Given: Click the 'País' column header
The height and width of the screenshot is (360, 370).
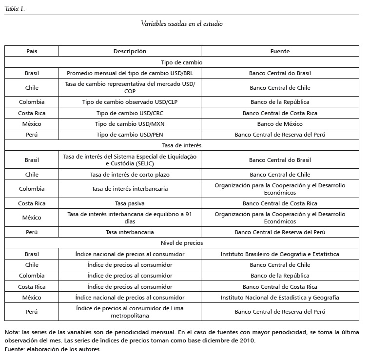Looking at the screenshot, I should coord(32,51).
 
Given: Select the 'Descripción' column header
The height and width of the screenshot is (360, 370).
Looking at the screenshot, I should coord(130,51).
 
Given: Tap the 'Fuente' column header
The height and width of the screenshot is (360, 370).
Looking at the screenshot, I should coord(280,51).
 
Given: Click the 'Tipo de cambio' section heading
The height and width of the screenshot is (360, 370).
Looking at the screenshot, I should coord(182,62).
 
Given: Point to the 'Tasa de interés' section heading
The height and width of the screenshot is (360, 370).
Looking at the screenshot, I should coord(182,145).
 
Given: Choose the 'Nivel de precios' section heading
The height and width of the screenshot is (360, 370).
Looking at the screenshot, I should coord(182,242).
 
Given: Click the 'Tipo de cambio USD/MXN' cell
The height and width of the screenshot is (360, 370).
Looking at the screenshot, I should coord(130,124).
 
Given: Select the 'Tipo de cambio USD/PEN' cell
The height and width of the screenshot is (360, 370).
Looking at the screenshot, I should coord(130,135).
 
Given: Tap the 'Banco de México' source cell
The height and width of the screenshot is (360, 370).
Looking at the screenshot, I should coord(280,124).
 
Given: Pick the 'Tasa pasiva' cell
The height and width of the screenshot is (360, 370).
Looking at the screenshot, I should coord(130,203).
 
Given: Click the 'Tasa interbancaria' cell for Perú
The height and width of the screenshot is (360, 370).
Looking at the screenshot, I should coord(130,232).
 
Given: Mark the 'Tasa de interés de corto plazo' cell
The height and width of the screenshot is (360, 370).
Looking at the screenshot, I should coord(130,175).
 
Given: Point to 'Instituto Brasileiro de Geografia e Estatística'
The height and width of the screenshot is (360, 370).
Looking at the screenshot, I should coord(280,254).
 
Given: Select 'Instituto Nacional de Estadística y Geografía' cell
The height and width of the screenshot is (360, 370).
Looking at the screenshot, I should coord(280,298).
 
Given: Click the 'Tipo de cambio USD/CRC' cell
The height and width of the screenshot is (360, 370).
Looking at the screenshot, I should coord(130,113).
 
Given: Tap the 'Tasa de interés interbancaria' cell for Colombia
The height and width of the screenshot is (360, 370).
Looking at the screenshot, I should coord(130,189).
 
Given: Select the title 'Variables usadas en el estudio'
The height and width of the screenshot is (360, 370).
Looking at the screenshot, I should coord(182,23).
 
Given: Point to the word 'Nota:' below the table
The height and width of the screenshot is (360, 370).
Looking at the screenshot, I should coord(13,332).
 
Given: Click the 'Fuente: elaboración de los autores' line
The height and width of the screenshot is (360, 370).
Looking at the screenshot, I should coord(53,349).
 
